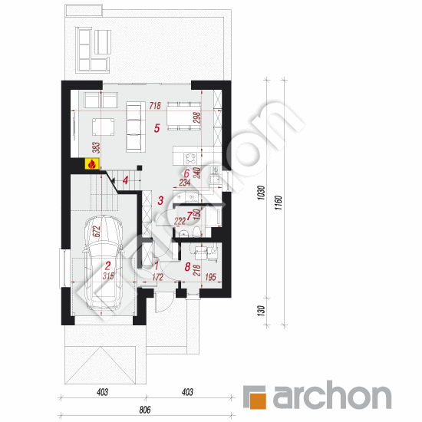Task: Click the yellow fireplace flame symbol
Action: coord(92,163)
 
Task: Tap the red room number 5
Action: coord(157,128)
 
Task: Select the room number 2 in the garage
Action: coord(107,265)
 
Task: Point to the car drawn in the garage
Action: coord(103,262)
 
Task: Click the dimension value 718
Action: coord(155,106)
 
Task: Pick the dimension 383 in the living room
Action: coord(97,148)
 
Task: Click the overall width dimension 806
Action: coord(145,410)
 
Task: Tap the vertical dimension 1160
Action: coord(279,203)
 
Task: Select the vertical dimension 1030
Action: coord(262,193)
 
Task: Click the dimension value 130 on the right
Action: coord(261,311)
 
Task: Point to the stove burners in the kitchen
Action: coord(190,158)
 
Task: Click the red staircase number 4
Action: coord(125,180)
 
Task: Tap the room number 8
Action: coord(187,267)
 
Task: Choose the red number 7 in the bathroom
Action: coord(190,216)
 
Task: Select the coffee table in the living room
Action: coord(103,127)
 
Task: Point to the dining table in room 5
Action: coord(184,116)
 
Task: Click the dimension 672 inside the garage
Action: coord(97,232)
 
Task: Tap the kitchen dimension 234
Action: coord(185,183)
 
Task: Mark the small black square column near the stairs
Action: coord(140,168)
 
